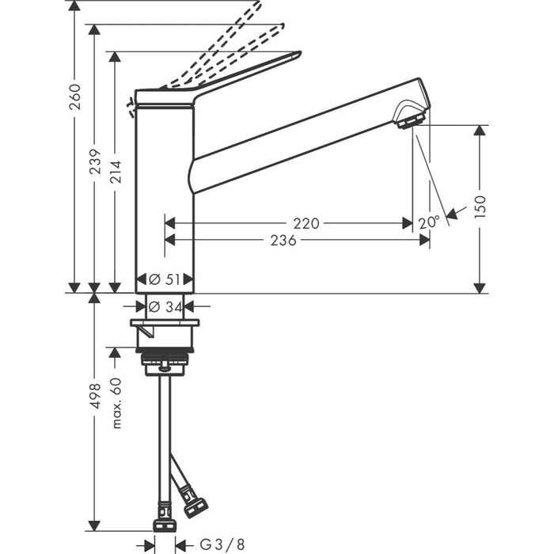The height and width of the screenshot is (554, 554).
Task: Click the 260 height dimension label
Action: [x=74, y=97]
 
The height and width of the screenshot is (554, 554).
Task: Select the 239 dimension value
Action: [x=94, y=164]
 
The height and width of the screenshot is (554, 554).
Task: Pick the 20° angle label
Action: [x=429, y=223]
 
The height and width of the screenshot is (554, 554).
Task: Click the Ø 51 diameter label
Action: [x=165, y=279]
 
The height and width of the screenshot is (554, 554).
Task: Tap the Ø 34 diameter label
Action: [x=165, y=306]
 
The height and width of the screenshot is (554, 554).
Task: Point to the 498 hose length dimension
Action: [x=94, y=396]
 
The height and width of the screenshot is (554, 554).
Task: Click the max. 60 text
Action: [x=116, y=403]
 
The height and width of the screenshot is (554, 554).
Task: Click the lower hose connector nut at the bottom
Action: [x=164, y=525]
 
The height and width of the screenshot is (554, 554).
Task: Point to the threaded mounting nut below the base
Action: [x=165, y=360]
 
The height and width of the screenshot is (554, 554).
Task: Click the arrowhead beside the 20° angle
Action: [x=452, y=212]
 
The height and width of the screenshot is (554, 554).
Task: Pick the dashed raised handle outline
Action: [x=230, y=40]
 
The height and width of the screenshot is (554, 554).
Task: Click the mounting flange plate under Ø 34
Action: [x=165, y=322]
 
